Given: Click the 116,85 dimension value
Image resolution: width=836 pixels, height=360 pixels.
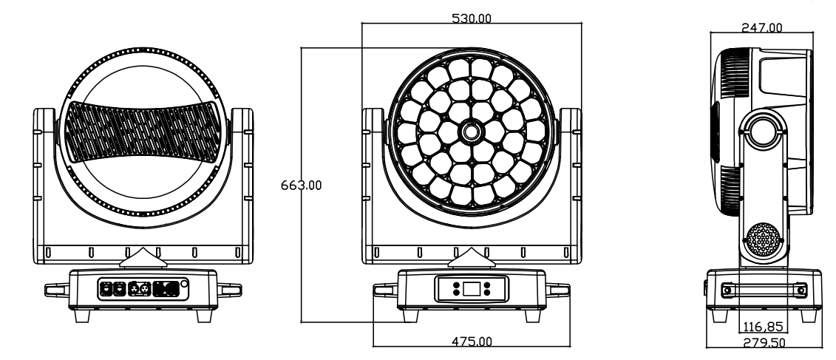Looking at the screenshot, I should (762, 326).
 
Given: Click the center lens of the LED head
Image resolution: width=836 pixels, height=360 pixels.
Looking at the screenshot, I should (469, 132).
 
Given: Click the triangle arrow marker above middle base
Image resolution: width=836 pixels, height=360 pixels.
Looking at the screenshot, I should (469, 258).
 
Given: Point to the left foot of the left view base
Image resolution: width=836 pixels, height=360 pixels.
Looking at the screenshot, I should (84, 314).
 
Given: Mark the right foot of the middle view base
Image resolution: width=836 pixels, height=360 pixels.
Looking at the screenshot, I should (529, 314).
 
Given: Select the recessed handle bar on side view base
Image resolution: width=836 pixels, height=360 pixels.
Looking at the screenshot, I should (761, 291).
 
